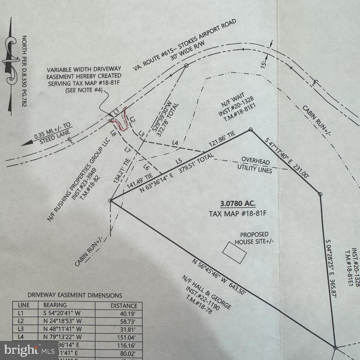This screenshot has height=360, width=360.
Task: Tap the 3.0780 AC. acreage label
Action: click(237, 204)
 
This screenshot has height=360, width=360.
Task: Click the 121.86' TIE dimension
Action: click(222, 140)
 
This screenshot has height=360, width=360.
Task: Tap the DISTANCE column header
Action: click(124, 306)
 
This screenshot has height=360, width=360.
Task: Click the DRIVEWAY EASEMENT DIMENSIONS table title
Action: click(75, 295)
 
